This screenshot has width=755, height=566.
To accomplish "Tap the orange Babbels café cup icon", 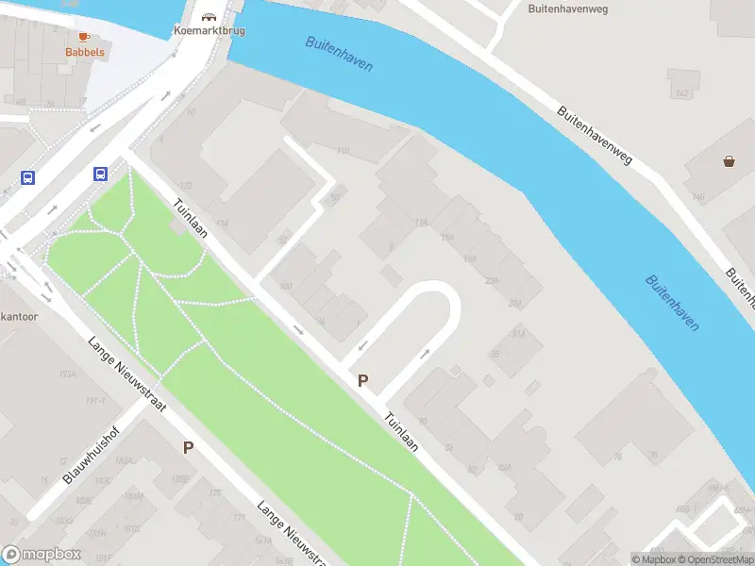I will [x=84, y=37].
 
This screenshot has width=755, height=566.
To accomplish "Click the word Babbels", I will [x=84, y=53].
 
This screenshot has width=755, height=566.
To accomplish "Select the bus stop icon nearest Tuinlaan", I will [x=100, y=174].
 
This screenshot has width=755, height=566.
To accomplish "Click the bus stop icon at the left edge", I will [x=28, y=177].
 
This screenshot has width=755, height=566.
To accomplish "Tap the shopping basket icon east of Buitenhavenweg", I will [x=729, y=161].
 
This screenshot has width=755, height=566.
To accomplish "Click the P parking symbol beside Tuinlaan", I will [x=361, y=381].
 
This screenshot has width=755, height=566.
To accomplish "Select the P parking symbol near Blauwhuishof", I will [x=188, y=448].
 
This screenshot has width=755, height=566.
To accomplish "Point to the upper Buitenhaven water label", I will [x=339, y=54].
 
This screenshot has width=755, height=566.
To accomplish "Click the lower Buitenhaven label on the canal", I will [x=673, y=302].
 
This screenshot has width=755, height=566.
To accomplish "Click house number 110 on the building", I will [x=343, y=149].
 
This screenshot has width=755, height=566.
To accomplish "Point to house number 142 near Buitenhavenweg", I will [x=683, y=92].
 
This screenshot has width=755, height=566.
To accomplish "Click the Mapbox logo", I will [x=42, y=555].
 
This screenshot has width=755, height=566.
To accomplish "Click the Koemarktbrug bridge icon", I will [x=209, y=16].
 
